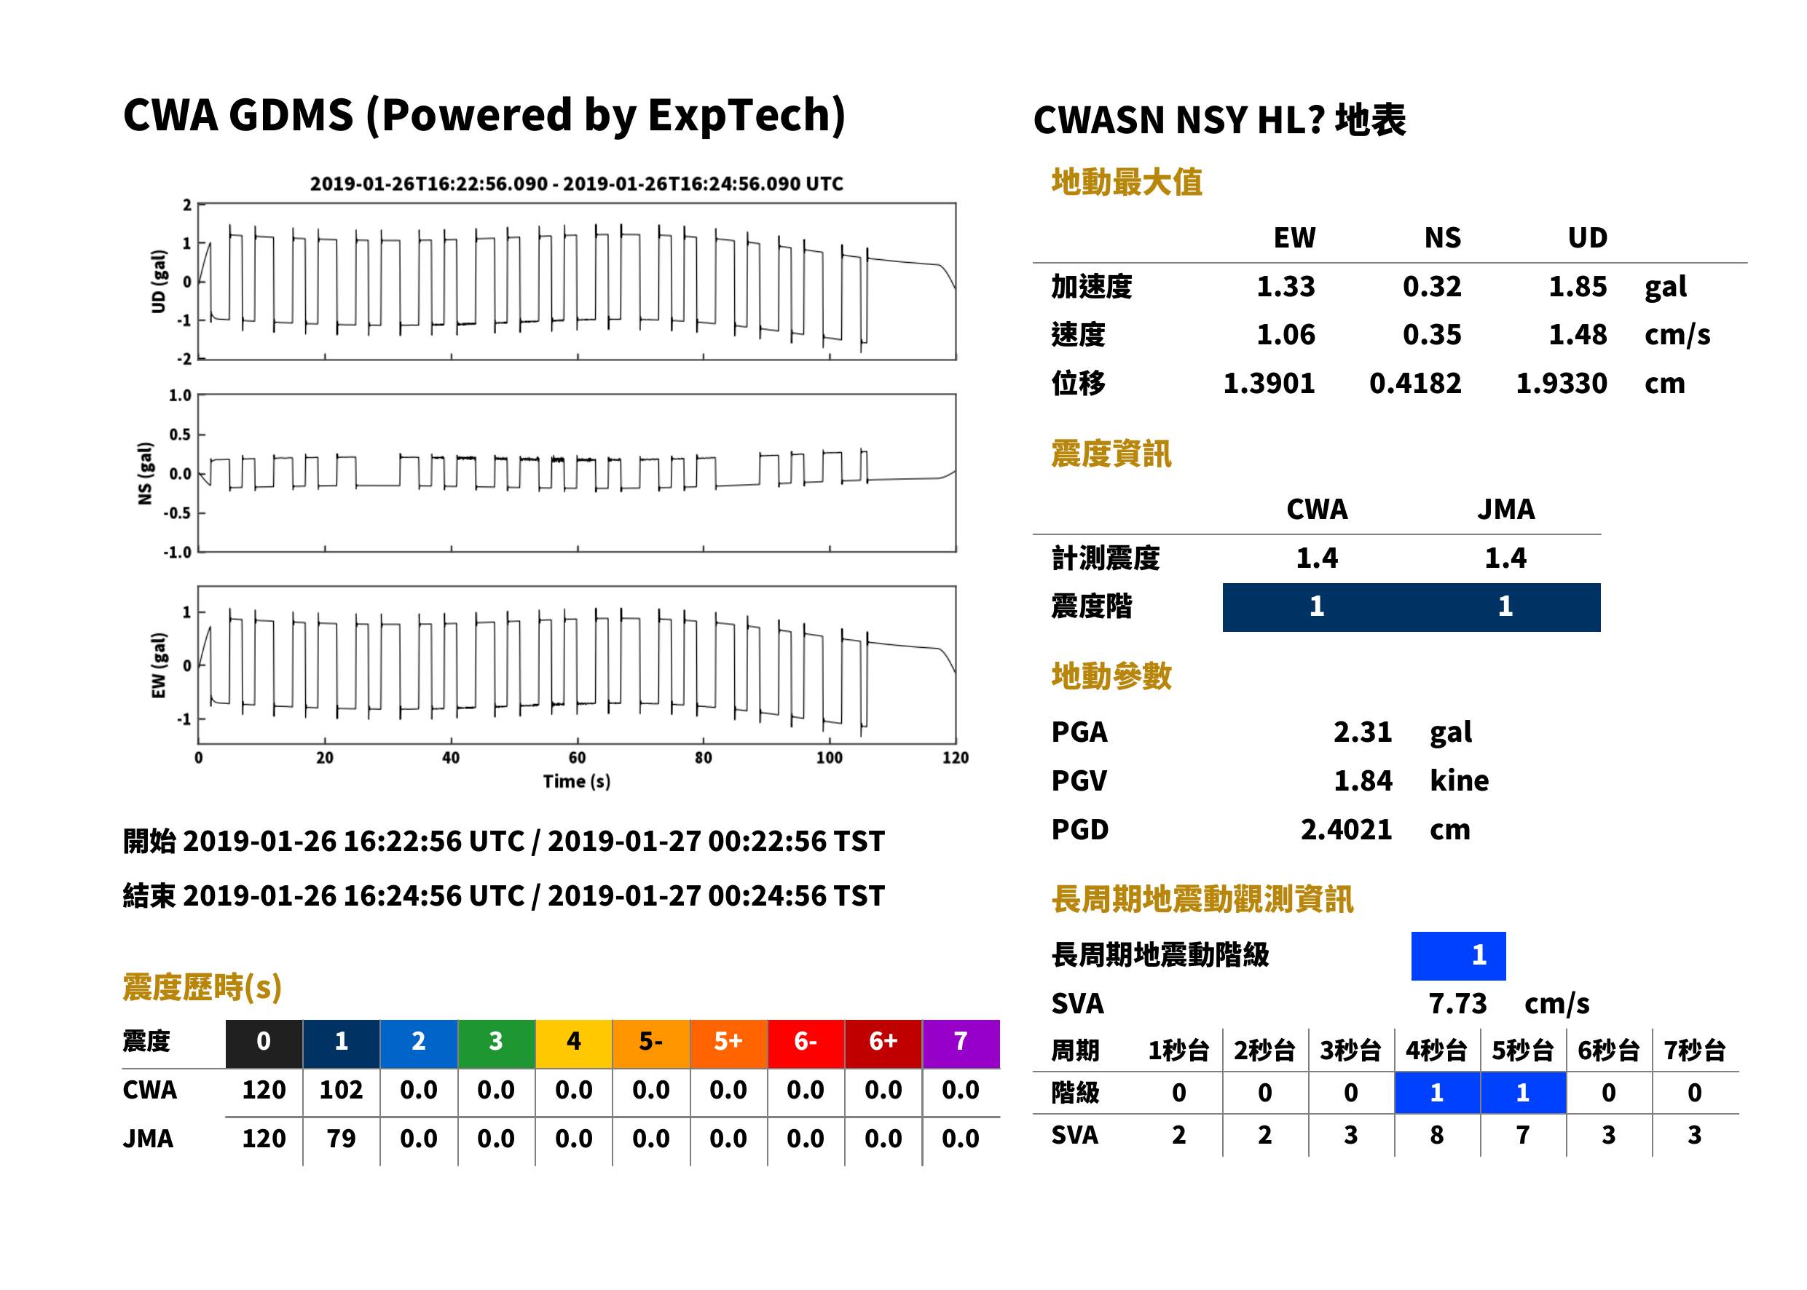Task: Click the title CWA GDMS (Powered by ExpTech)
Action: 484,116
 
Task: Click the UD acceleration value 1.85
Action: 1578,287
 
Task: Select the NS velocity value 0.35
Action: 1431,335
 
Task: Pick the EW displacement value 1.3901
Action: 1268,384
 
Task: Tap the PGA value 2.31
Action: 1362,732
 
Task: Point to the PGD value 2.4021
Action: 1346,830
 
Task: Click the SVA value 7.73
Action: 1457,1004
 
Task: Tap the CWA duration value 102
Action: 341,1090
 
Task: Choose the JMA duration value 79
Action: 341,1139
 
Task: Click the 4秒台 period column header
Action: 1436,1051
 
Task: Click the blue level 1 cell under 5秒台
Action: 1522,1093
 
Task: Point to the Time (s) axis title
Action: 577,782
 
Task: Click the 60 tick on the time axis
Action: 577,758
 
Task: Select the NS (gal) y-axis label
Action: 145,473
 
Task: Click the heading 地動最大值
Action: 1127,183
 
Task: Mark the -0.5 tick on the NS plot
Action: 178,513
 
